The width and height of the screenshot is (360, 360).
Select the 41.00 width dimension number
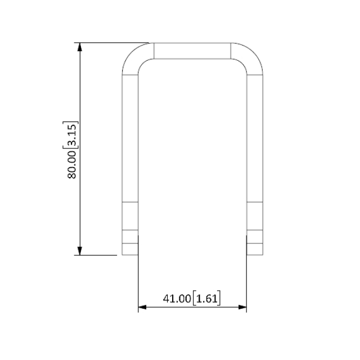click(177, 298)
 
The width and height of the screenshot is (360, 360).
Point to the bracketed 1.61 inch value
click(206, 298)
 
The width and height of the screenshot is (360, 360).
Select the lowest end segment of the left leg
click(130, 249)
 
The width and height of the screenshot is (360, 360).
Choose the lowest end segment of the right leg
click(255, 249)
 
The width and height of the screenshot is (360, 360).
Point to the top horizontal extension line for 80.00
click(112, 42)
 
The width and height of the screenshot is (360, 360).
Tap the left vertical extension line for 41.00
click(138, 281)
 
